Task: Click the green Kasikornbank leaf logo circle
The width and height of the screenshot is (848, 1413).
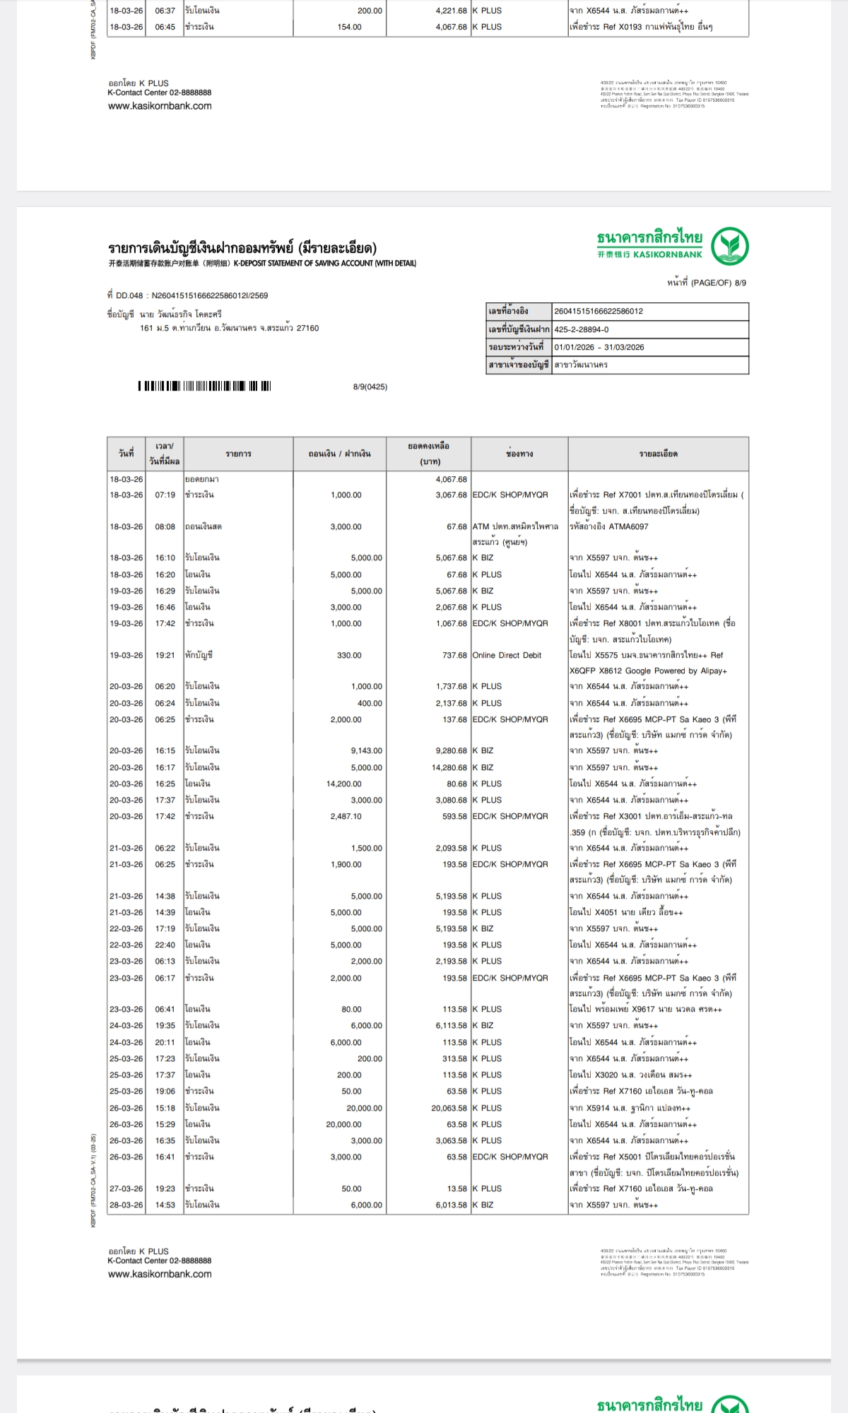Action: (730, 247)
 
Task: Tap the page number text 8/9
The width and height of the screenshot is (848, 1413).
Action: (740, 283)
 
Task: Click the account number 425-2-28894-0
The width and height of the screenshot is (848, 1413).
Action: (581, 329)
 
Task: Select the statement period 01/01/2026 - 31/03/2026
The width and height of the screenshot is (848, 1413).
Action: (599, 347)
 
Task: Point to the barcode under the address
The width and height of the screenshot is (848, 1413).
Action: (204, 386)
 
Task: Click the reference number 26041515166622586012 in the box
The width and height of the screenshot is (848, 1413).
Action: (599, 311)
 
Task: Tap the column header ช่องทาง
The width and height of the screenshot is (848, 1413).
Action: (519, 454)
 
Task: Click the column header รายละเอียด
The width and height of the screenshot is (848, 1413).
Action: (658, 454)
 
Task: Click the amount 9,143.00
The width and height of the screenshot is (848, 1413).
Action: (366, 750)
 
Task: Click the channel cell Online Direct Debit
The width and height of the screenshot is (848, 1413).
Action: (507, 655)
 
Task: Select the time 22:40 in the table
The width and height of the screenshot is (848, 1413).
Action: (165, 945)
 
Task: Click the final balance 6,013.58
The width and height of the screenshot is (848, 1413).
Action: (451, 1205)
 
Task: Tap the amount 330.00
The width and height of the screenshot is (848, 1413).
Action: (349, 655)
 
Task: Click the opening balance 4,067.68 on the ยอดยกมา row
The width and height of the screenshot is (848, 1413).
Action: (451, 479)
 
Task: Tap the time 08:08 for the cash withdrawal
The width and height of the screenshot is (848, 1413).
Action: (165, 526)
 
